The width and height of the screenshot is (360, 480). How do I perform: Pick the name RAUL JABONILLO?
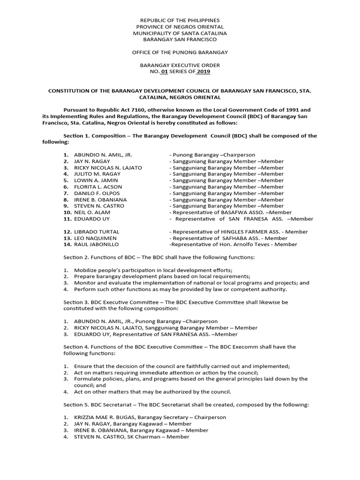96,244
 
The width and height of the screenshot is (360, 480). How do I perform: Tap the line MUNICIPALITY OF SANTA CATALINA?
180,33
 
